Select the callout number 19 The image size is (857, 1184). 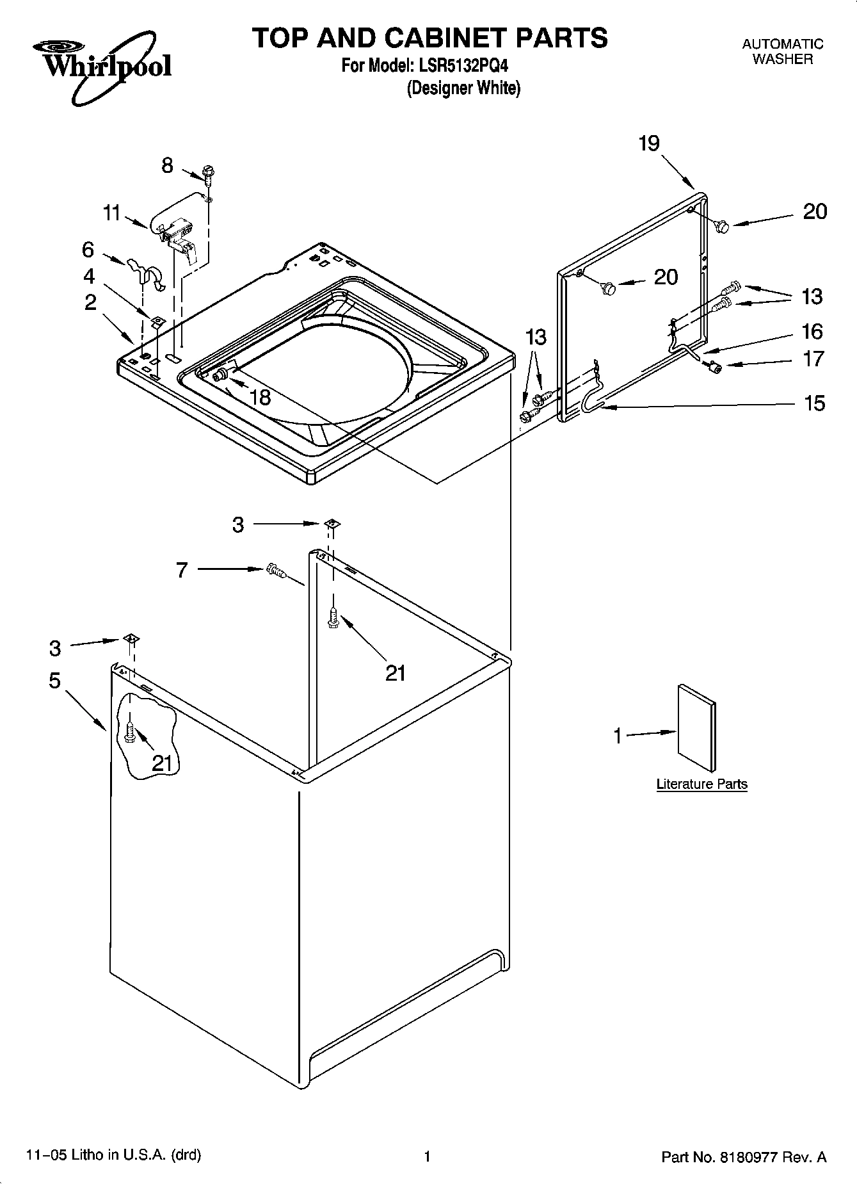pos(649,143)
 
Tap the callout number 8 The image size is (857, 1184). pos(166,166)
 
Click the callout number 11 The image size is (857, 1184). pos(113,213)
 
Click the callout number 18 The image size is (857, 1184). pos(260,398)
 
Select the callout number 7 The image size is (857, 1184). pos(182,569)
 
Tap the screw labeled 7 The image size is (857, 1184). pos(275,569)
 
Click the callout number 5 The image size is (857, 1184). pos(55,680)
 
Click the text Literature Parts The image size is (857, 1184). pos(701,784)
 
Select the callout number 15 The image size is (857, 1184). pos(814,403)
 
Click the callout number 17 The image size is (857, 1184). pos(813,359)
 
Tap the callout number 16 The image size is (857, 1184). pos(812,331)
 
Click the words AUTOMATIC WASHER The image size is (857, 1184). pos(782,51)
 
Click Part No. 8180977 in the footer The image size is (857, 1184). pos(744,1156)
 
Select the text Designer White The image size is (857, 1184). pos(464,88)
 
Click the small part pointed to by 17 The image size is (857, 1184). pos(714,366)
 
